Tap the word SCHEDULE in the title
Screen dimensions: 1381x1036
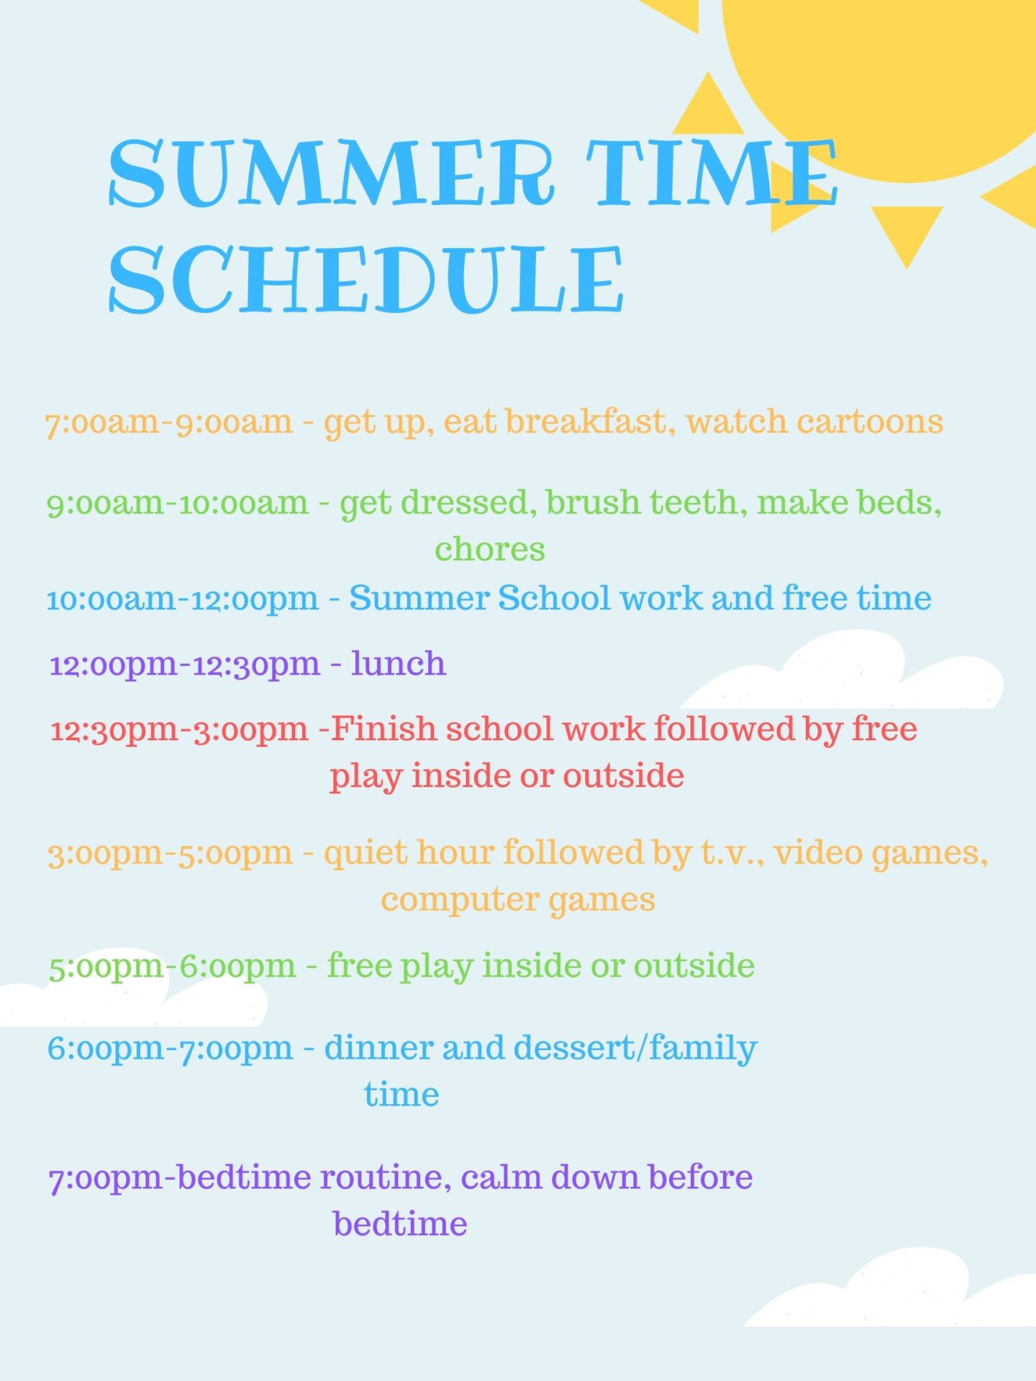click(365, 279)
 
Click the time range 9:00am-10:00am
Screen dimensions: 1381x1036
click(178, 503)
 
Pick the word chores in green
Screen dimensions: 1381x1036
click(489, 550)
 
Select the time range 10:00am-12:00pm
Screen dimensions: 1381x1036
click(183, 598)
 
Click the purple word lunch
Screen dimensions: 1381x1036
click(399, 663)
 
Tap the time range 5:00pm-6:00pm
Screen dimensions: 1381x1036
click(173, 967)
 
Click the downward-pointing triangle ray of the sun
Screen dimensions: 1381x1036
click(906, 230)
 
